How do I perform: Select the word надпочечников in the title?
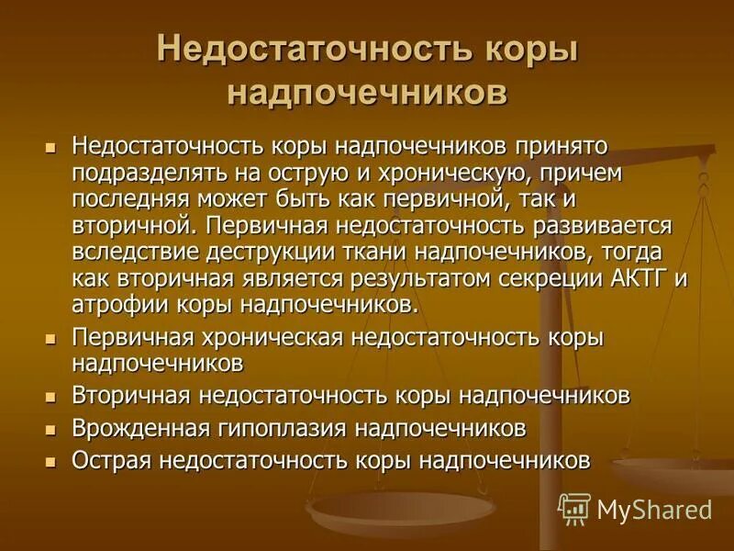point(367,94)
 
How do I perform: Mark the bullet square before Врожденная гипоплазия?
point(52,428)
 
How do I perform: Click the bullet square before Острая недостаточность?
point(52,460)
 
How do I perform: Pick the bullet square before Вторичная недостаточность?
point(52,397)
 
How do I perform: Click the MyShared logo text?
point(653,510)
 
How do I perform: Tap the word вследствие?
point(137,253)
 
